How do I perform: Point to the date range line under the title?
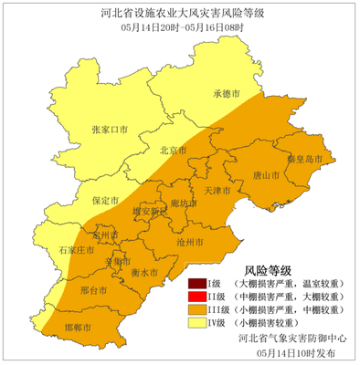click(x=180, y=29)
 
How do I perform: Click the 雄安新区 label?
click(x=151, y=210)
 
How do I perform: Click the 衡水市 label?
click(x=145, y=272)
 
